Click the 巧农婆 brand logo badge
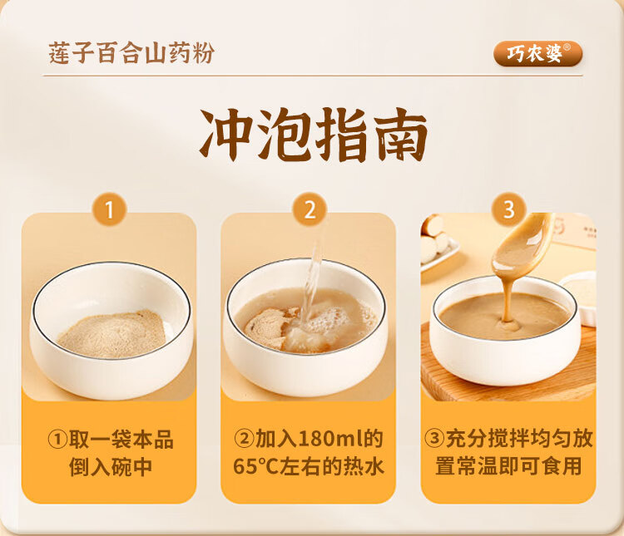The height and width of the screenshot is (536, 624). click(537, 53)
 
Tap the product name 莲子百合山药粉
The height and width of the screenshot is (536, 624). click(131, 53)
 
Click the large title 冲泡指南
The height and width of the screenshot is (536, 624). click(313, 135)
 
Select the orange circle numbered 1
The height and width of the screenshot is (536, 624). click(109, 209)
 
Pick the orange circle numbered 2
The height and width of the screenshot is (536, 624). click(310, 209)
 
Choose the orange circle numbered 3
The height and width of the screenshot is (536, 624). click(509, 209)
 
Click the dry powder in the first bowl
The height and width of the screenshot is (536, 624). click(112, 333)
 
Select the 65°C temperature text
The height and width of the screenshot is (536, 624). click(255, 466)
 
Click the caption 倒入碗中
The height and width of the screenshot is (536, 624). click(110, 466)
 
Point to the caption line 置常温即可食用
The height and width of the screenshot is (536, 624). click(508, 466)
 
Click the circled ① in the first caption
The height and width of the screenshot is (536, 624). click(57, 439)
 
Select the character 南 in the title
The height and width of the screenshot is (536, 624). click(399, 135)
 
